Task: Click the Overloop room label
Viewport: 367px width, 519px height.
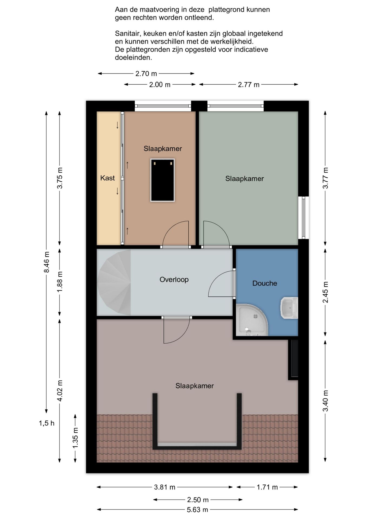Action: tap(174, 280)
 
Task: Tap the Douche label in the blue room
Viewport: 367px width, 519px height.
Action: tap(265, 283)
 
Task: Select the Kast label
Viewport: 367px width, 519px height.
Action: tap(107, 178)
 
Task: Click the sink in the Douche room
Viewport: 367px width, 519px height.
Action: tap(289, 308)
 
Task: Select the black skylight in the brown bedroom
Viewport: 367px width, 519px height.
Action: tap(162, 180)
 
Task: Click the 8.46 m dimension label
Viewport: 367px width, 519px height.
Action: tap(46, 262)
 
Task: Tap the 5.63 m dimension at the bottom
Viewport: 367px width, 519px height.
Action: tap(197, 510)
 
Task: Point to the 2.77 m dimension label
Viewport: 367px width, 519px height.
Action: tap(248, 85)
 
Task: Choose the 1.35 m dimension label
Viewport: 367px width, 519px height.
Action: tap(75, 438)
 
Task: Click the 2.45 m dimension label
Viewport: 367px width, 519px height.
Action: tap(326, 292)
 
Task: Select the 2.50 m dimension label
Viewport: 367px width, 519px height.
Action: tap(198, 500)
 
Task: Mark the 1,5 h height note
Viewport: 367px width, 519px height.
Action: tap(46, 423)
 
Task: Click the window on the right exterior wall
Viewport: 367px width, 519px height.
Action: tap(303, 218)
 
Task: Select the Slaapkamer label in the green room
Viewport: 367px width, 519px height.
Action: tap(245, 178)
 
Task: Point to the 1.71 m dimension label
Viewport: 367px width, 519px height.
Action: tap(267, 487)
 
